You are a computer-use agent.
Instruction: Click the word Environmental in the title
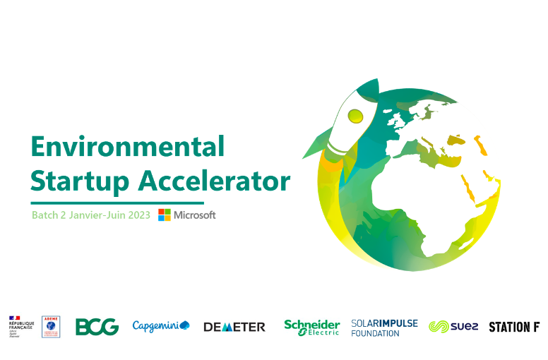(127, 147)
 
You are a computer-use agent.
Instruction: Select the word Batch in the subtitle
(44, 215)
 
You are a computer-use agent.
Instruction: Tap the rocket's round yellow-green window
(355, 114)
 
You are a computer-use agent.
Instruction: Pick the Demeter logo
(234, 327)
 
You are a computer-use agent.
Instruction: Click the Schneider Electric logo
(311, 327)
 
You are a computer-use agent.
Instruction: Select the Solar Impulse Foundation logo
(384, 328)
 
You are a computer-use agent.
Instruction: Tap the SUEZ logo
(454, 327)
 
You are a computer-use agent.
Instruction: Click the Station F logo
(515, 327)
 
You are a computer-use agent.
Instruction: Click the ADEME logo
(51, 327)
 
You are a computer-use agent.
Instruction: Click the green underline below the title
(117, 203)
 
